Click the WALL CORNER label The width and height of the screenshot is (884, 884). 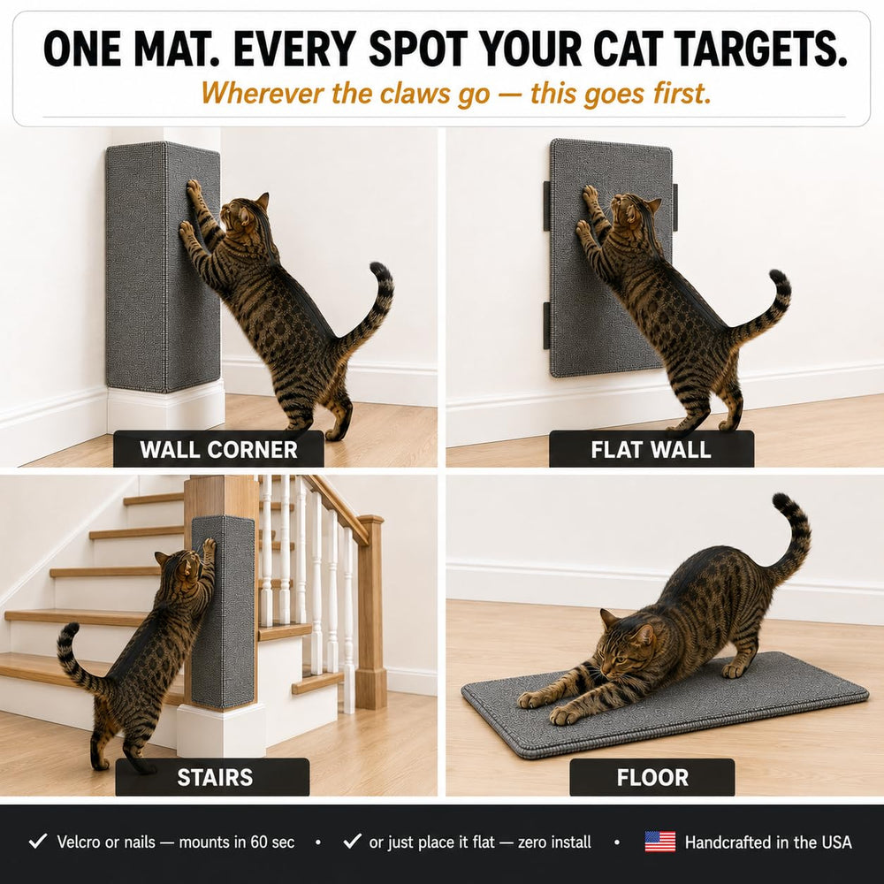218,449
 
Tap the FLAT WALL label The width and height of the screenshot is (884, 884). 652,449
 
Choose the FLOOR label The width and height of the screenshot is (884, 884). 652,777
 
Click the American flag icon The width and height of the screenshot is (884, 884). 660,842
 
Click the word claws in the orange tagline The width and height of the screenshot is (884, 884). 416,93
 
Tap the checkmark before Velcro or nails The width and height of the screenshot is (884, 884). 38,842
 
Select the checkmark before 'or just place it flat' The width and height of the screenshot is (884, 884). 352,842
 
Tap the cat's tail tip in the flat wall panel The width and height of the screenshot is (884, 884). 777,278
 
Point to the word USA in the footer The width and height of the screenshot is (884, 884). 836,842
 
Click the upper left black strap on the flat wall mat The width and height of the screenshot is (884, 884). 546,206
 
